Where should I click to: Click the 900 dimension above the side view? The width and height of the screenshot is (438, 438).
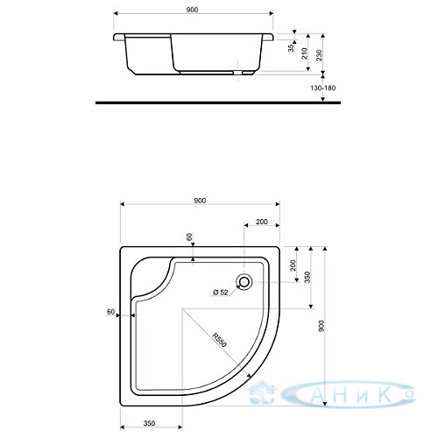click(x=192, y=10)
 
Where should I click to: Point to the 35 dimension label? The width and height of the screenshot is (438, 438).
click(x=291, y=48)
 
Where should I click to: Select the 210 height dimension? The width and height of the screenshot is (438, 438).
click(x=305, y=53)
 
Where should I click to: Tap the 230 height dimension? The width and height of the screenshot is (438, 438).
click(x=319, y=55)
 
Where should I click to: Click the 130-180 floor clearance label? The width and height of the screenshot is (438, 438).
click(x=322, y=88)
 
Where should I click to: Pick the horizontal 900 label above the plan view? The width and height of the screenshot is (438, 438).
click(x=200, y=201)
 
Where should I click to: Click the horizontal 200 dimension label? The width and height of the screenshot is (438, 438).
click(x=262, y=222)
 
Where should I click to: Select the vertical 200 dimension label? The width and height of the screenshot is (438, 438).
click(x=293, y=265)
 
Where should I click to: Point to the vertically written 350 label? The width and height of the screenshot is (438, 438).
click(x=307, y=278)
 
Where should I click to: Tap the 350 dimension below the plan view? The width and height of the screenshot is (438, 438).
click(x=149, y=423)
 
